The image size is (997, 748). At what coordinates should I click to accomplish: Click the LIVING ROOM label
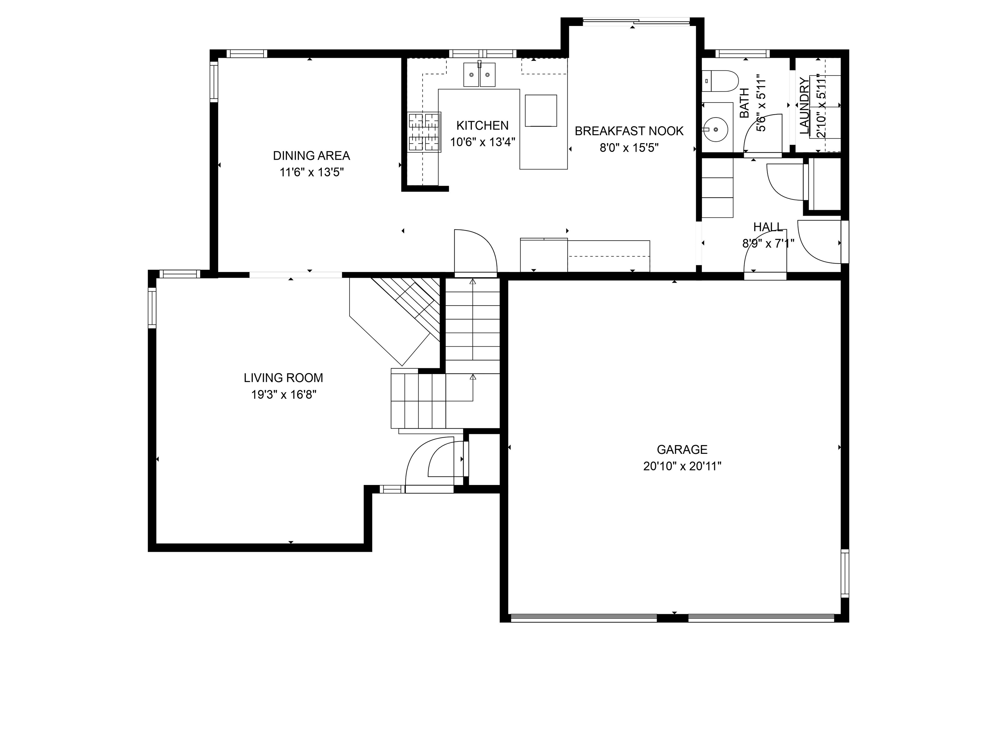[284, 378]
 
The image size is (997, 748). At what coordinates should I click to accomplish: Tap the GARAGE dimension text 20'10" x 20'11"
[682, 466]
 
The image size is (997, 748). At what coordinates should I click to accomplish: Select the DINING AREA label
[312, 156]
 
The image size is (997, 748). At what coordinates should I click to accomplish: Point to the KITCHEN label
[482, 125]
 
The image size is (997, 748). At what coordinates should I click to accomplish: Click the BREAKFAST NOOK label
[629, 131]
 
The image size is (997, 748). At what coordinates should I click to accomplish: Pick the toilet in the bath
[720, 81]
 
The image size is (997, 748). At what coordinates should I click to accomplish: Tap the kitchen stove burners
[424, 132]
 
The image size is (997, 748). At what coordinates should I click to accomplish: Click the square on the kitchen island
[541, 110]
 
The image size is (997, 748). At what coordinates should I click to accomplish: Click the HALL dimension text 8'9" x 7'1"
[768, 244]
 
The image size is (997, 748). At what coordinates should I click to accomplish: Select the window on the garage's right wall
[845, 573]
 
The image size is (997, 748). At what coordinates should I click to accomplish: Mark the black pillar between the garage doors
[672, 618]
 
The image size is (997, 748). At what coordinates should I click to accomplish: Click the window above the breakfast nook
[636, 21]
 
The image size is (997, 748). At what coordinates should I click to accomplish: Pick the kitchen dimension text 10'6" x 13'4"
[482, 142]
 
